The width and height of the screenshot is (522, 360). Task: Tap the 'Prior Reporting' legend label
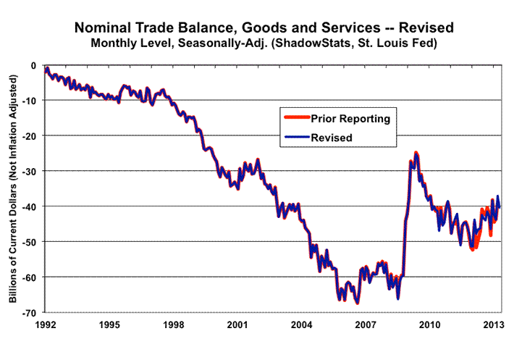(x=350, y=118)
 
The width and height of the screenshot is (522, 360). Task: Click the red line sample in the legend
(x=295, y=118)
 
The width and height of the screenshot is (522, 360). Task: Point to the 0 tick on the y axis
(x=33, y=65)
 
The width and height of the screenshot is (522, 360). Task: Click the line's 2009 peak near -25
(x=416, y=153)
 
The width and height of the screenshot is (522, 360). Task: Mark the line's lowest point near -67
(x=358, y=302)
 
